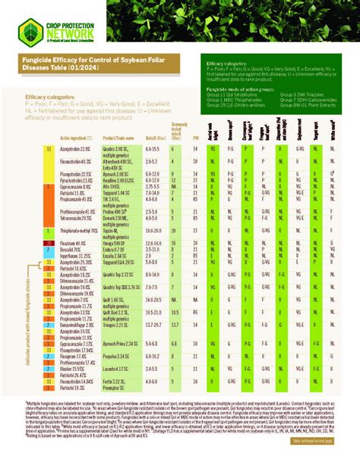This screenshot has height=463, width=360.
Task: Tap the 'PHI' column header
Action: (x=196, y=138)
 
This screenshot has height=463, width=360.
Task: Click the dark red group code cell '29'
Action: (x=48, y=242)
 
